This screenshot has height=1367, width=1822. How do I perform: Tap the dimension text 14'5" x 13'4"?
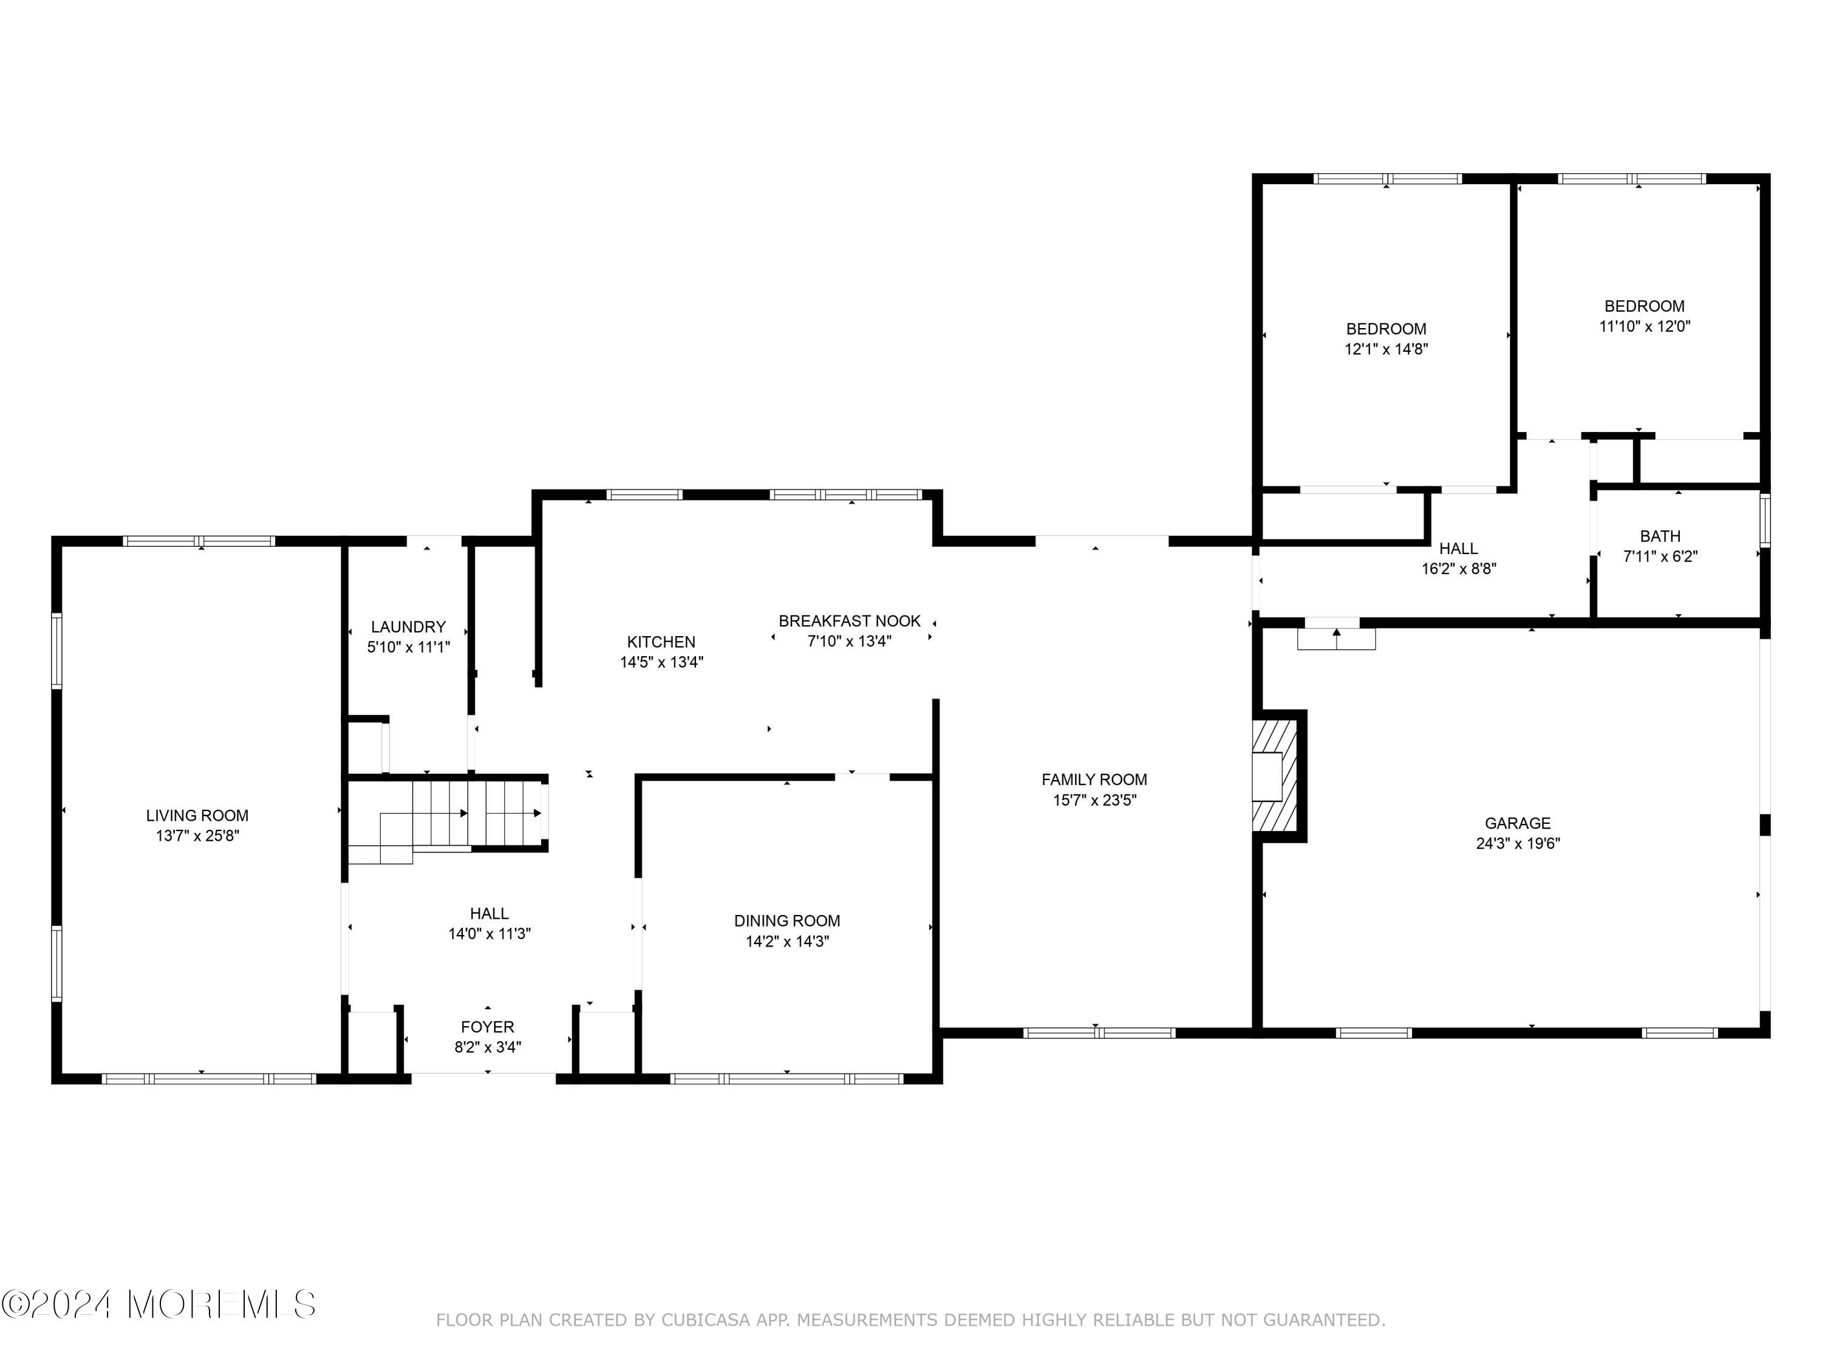pos(661,662)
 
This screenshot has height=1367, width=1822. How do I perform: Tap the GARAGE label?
pos(1517,823)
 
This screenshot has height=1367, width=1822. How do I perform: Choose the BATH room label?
pos(1660,536)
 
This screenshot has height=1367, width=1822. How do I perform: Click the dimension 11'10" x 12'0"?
pos(1644,326)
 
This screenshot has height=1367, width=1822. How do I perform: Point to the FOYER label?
pos(488,1027)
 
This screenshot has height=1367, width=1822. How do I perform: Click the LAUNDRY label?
pos(408,627)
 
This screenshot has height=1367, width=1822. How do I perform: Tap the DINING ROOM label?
pos(786,921)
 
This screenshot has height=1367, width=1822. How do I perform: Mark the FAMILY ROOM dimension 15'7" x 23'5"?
pos(1094,800)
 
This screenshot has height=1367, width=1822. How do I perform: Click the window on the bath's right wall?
pos(1764,520)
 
